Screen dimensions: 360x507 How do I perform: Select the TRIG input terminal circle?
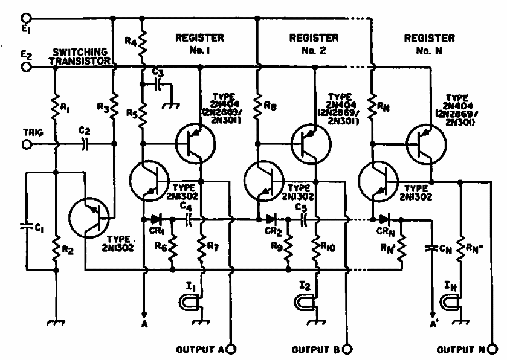[x=26, y=144]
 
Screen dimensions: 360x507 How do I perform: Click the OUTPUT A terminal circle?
[x=230, y=349]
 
